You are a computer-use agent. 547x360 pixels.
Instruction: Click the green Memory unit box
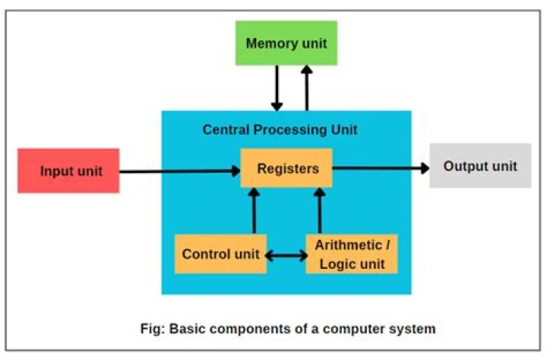(x=286, y=43)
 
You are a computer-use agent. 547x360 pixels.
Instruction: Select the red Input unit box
(x=69, y=170)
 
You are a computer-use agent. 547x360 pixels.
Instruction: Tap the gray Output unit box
(x=480, y=166)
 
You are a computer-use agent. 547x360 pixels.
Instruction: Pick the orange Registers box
(x=287, y=169)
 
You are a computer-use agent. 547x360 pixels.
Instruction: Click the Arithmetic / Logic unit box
(x=351, y=254)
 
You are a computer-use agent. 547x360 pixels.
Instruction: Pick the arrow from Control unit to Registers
(x=254, y=211)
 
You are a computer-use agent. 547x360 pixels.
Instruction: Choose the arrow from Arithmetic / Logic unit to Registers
(x=319, y=211)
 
